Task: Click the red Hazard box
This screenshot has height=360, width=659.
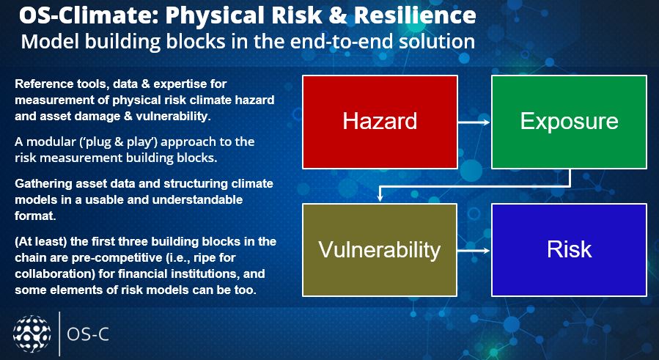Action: [x=380, y=122]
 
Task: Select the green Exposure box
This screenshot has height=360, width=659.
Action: [x=569, y=122]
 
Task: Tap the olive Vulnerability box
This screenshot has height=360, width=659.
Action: [x=380, y=250]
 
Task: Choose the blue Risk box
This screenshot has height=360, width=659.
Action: [x=569, y=250]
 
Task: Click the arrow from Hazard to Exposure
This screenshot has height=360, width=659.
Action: [x=474, y=122]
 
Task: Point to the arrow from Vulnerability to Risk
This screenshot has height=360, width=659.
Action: [x=474, y=251]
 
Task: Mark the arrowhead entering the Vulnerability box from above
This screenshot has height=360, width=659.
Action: [x=380, y=199]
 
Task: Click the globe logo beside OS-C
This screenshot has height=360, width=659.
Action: [x=32, y=334]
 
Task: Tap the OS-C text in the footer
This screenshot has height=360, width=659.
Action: [x=88, y=335]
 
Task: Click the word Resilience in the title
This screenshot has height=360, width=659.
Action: [x=415, y=16]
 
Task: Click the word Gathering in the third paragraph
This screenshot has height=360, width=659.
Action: [x=39, y=184]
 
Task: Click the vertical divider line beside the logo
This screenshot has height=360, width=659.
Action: [x=59, y=334]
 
